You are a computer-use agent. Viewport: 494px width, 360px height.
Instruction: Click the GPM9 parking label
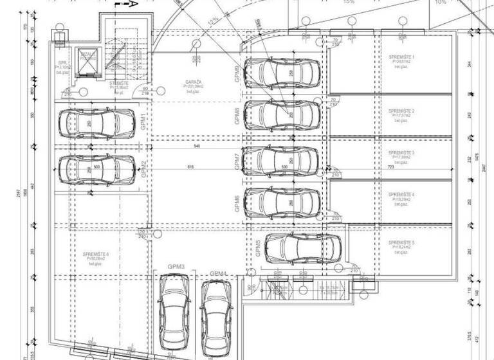tap(239, 74)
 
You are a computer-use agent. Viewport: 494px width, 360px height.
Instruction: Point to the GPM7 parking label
tap(239, 162)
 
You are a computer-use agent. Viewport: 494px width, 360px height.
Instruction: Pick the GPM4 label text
tap(219, 274)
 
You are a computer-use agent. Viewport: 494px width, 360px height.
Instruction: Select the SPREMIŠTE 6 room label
tap(96, 255)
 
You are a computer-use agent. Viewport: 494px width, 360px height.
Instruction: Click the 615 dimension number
tap(190, 166)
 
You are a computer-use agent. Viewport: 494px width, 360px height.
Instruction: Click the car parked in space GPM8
tap(283, 114)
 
